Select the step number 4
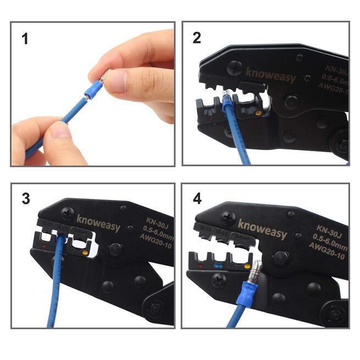point(197,198)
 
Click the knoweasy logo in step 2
point(270,75)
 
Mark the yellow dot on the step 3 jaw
point(85,254)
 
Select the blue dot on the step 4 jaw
point(218,265)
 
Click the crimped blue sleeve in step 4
point(244,300)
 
